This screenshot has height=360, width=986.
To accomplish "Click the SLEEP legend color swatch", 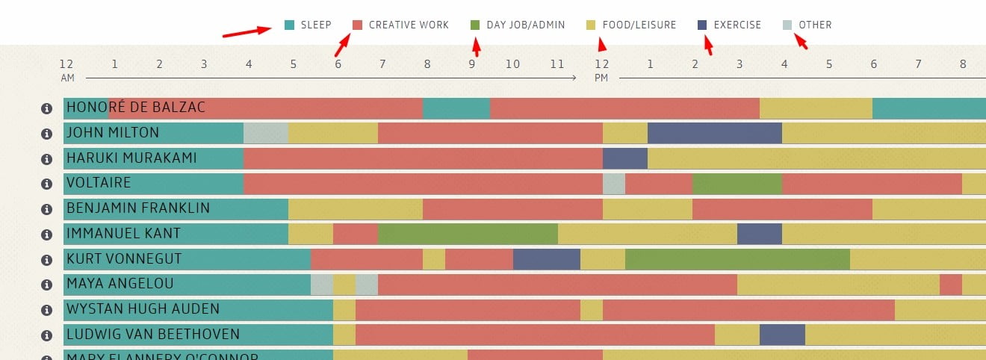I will [290, 25].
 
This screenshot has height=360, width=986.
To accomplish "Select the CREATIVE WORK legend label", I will [409, 25].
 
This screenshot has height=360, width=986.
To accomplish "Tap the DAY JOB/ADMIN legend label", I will [525, 25].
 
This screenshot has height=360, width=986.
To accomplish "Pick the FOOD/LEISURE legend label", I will [639, 25].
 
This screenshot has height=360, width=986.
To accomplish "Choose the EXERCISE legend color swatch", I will [702, 25].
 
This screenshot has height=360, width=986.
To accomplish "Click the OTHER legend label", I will [815, 25].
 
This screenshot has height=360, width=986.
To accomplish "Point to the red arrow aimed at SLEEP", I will [246, 31].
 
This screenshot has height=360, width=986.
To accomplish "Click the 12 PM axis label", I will [602, 69].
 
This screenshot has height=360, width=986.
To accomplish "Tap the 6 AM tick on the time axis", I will [338, 64].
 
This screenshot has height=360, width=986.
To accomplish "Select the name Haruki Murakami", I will [131, 158].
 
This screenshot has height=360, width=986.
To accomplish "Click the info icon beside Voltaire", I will [46, 184].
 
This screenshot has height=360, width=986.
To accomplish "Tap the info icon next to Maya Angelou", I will [46, 285].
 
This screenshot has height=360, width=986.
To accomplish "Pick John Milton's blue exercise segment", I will [714, 133].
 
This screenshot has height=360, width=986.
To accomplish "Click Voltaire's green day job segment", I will [737, 184].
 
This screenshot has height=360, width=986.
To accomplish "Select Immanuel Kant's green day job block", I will [468, 234].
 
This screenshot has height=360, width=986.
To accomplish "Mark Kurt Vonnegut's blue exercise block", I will [546, 259].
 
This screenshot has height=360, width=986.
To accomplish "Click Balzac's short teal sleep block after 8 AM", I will [456, 108].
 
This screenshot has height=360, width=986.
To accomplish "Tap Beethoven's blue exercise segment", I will [782, 335].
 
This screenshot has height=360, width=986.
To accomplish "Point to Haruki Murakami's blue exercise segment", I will [624, 158].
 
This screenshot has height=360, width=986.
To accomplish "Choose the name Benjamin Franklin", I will [138, 208].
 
